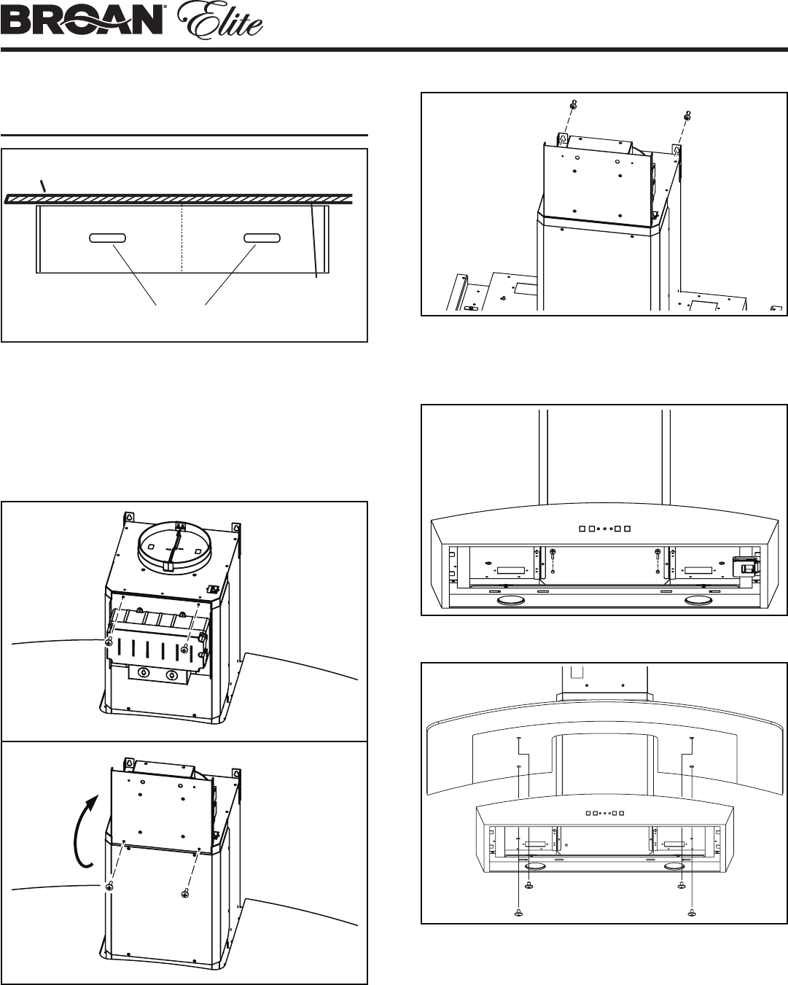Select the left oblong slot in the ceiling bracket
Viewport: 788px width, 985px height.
(107, 238)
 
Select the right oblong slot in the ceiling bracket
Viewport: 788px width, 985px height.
(262, 238)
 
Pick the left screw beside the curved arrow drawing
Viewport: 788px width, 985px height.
(109, 887)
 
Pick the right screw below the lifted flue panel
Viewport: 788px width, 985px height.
(185, 892)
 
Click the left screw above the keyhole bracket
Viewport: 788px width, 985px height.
(574, 104)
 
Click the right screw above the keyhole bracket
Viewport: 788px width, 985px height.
(687, 116)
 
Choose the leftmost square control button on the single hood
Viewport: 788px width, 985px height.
(582, 529)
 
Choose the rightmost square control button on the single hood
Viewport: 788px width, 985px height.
(628, 529)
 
